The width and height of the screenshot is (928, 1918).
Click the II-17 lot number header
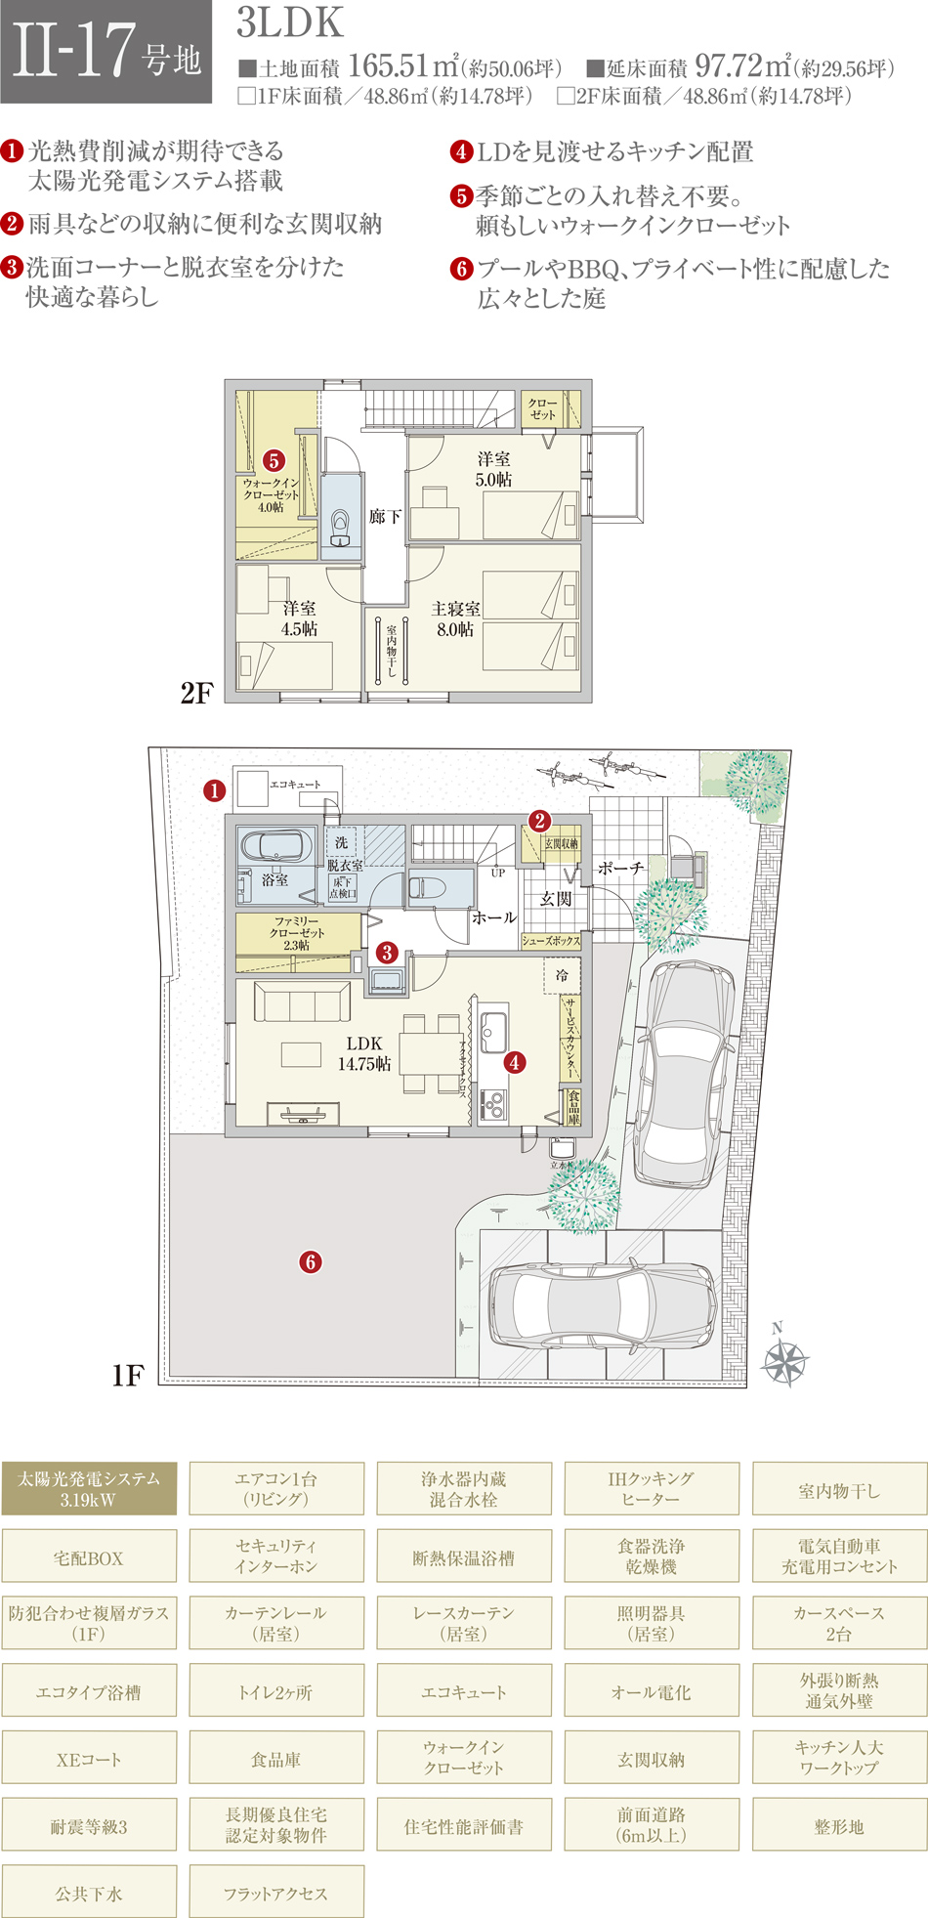point(105,52)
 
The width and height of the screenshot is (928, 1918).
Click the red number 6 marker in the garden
point(311,1261)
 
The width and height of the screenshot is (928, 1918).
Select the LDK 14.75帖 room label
point(364,1053)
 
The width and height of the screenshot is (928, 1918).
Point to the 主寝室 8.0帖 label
point(455,619)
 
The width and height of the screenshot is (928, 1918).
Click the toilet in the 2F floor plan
point(340,526)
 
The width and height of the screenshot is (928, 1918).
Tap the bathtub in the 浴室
point(276,846)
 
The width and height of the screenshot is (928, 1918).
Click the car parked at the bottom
point(605,1306)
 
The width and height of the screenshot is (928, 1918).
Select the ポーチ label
point(620,868)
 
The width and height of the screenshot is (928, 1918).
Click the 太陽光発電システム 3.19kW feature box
point(89,1488)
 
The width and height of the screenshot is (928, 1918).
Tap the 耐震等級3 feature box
point(89,1826)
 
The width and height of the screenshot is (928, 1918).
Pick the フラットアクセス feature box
point(276,1894)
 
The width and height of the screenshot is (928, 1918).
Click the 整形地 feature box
point(839,1826)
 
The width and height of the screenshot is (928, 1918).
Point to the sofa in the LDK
point(302,1002)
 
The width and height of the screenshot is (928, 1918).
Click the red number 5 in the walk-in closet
point(274,460)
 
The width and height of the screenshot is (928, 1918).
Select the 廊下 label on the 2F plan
point(385,516)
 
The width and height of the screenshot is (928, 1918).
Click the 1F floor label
point(128,1376)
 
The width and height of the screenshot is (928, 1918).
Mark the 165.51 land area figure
point(389,65)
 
